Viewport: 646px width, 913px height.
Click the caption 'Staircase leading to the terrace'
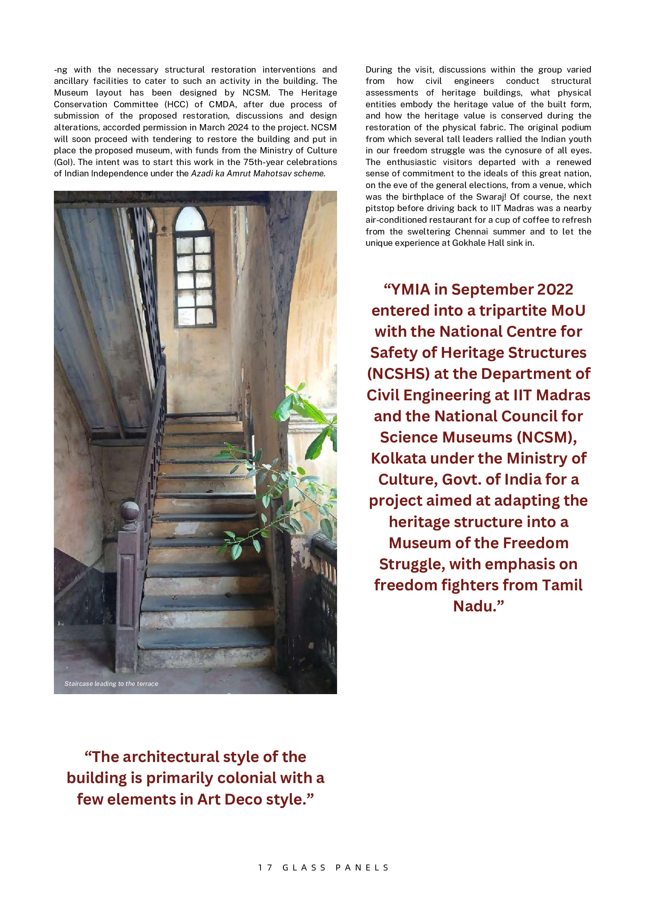[111, 684]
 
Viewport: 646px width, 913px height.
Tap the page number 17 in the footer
[265, 867]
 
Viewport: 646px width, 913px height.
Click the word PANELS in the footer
[362, 867]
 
